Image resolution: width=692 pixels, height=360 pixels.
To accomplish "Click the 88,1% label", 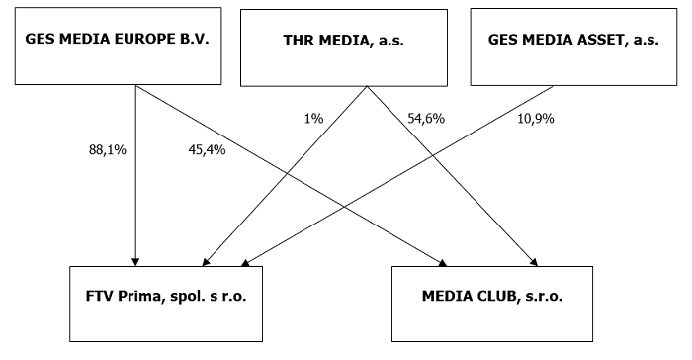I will point(106,150).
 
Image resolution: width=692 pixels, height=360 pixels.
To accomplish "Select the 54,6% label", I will point(426,118).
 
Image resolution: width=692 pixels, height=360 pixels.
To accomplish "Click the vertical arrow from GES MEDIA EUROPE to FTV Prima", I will point(135,198).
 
